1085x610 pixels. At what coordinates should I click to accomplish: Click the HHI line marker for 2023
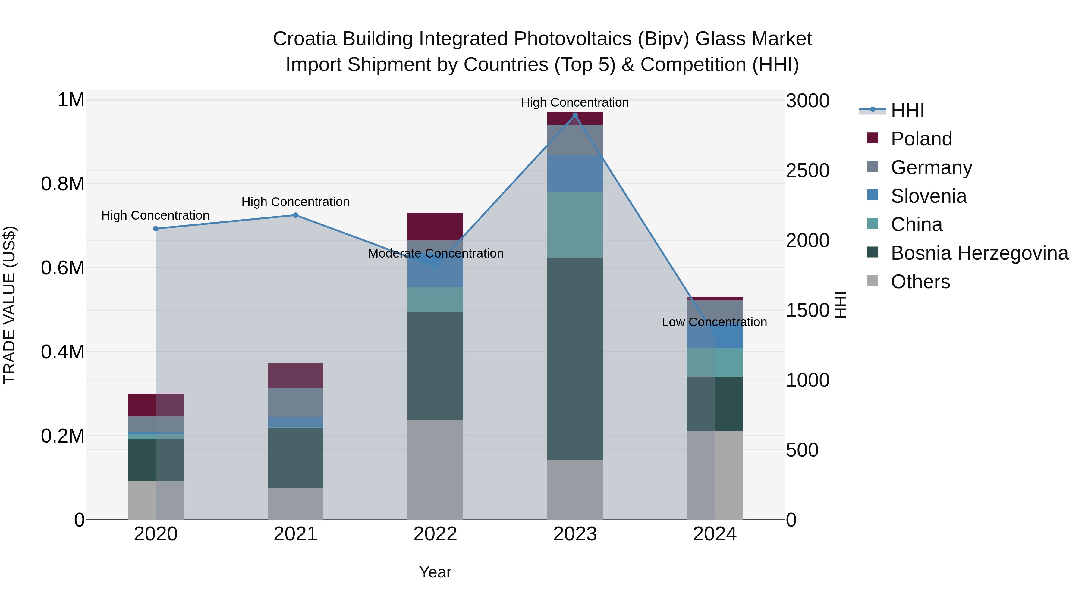point(575,115)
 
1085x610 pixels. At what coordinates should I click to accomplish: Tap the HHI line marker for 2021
point(295,215)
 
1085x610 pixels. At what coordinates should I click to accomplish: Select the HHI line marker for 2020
point(156,229)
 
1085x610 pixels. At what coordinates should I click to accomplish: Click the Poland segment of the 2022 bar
point(435,227)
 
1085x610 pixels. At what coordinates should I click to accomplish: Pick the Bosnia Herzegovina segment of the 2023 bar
point(575,359)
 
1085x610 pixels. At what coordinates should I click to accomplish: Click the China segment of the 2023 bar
point(575,224)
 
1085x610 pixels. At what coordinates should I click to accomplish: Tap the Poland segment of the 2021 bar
point(295,376)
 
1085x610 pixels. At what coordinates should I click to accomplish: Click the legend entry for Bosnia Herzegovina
point(979,253)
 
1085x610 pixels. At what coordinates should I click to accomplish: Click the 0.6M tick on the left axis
point(63,268)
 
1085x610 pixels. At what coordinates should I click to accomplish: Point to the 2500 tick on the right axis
point(807,170)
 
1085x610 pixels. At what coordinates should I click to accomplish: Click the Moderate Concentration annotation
point(436,253)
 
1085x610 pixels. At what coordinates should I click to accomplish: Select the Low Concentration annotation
point(714,322)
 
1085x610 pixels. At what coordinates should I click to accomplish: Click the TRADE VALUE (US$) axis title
point(9,305)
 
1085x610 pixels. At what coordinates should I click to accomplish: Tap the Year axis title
point(435,572)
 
